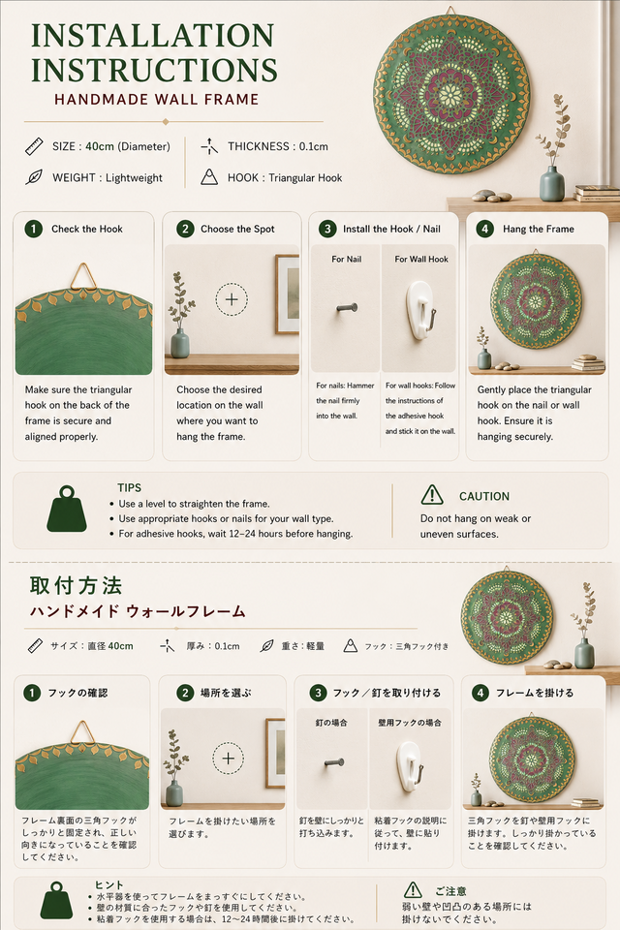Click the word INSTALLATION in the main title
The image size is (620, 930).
(x=153, y=36)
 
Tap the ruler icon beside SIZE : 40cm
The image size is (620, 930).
(x=35, y=146)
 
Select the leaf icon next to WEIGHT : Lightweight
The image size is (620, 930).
(x=34, y=177)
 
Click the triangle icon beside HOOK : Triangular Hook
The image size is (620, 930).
(x=209, y=176)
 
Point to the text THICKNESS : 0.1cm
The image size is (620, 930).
(x=278, y=146)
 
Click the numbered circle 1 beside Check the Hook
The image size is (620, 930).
(x=33, y=229)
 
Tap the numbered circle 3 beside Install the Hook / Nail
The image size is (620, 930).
(x=326, y=229)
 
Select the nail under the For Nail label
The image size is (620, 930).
(x=347, y=308)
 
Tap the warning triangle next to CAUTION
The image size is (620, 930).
(x=432, y=495)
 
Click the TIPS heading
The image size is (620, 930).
(x=130, y=487)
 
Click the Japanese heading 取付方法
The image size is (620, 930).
(x=76, y=585)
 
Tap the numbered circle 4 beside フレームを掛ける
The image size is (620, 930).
(x=480, y=693)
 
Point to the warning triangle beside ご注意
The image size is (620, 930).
(x=413, y=890)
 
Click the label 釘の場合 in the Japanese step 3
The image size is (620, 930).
(x=331, y=723)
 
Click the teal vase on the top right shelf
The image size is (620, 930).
(x=552, y=183)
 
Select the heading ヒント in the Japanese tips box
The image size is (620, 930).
(x=109, y=884)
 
